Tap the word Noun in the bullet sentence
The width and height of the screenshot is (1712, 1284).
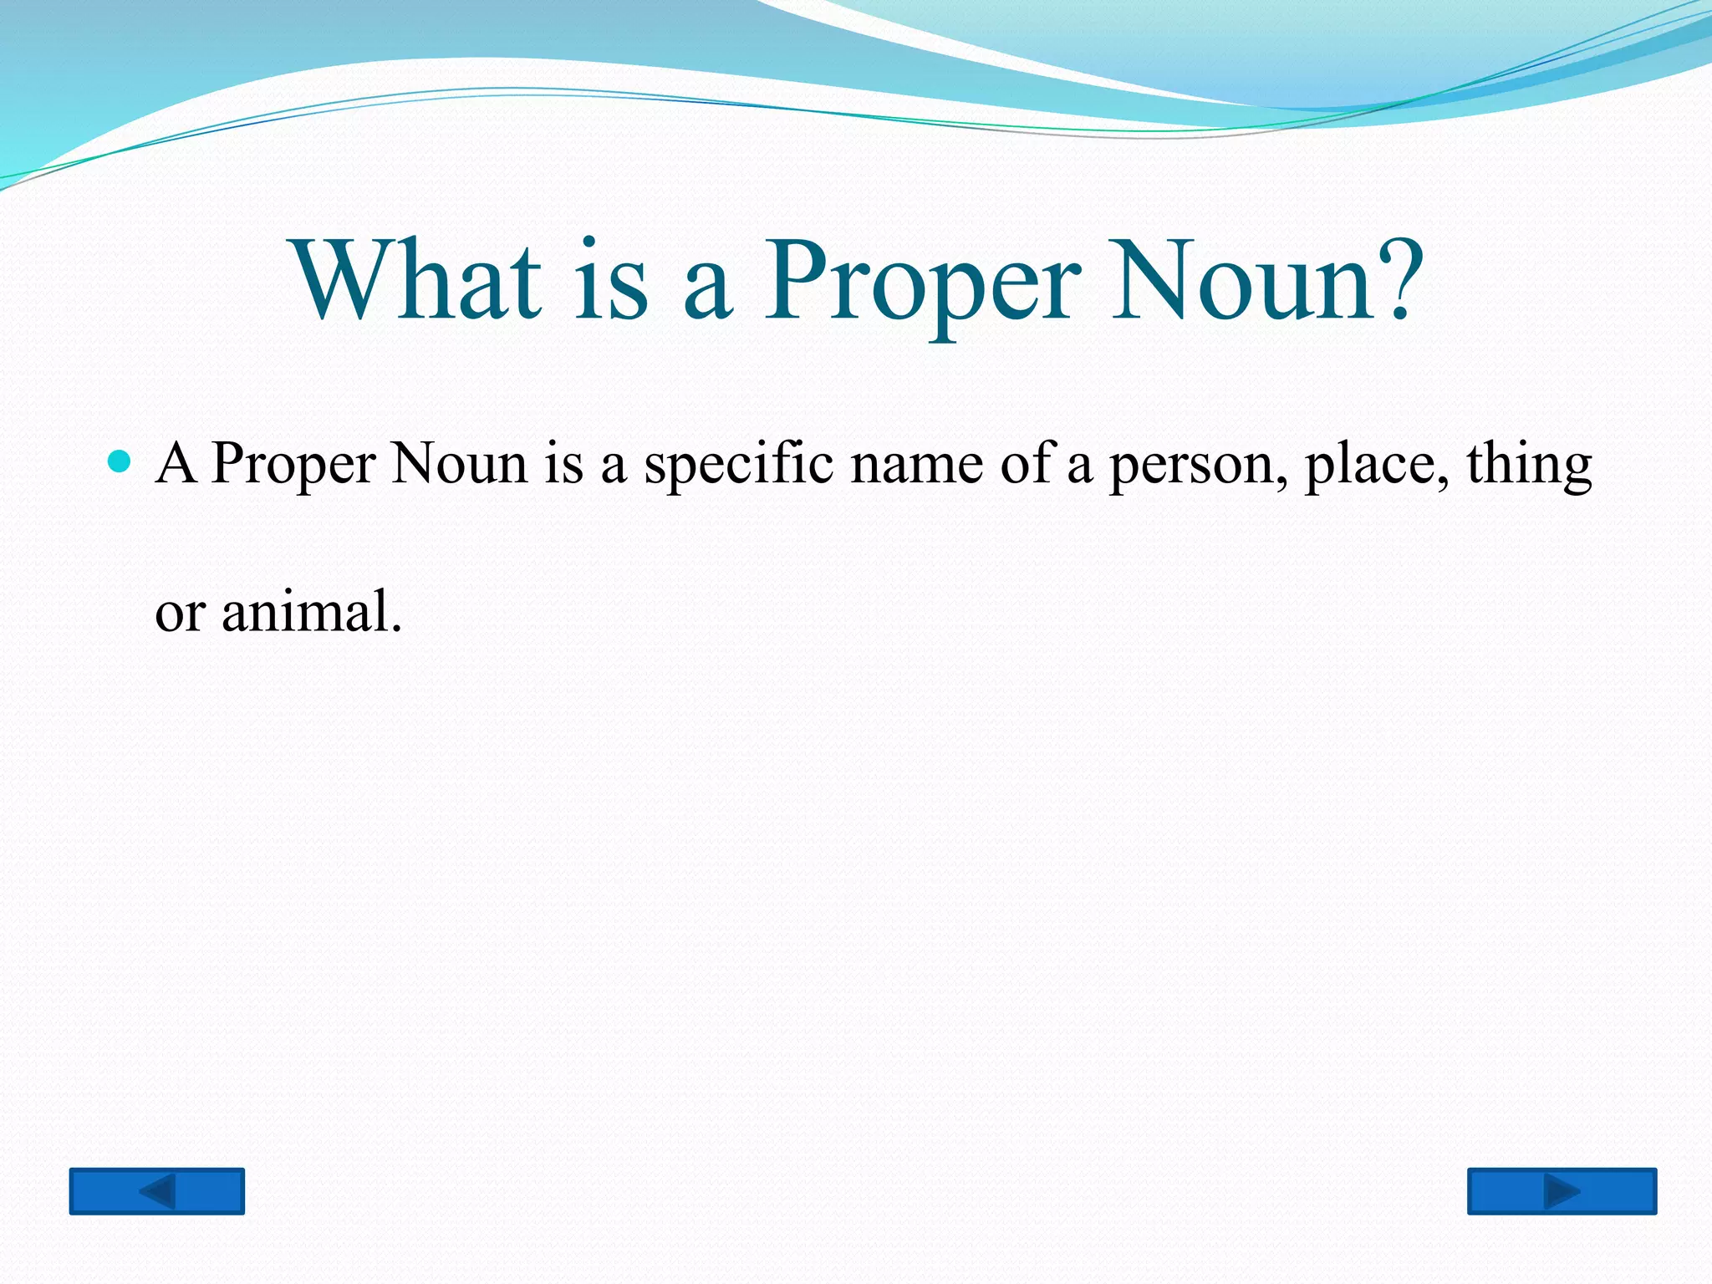459,463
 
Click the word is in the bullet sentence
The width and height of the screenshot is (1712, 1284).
564,463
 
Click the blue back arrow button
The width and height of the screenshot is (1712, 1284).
157,1190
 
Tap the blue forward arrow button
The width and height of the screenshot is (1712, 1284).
1562,1190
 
